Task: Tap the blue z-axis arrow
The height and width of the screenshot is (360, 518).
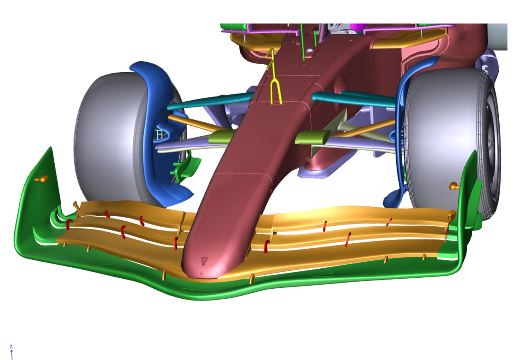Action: [x=12, y=355]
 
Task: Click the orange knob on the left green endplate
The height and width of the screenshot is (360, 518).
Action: [x=42, y=179]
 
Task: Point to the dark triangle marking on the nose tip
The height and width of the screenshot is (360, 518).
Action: [x=204, y=261]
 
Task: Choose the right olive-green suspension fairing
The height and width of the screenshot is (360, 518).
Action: [x=313, y=137]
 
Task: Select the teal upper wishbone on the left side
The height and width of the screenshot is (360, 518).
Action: [x=210, y=101]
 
